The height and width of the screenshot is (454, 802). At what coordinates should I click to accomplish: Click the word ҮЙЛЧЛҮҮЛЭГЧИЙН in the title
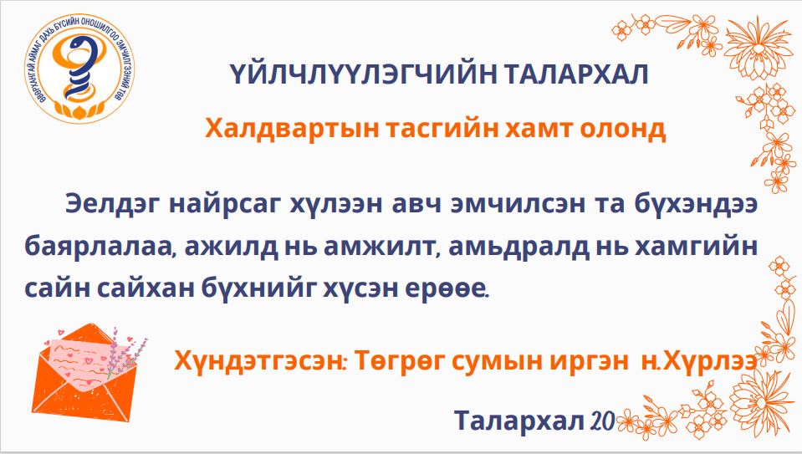pyautogui.click(x=363, y=74)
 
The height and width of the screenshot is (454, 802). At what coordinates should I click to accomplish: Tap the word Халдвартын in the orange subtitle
pyautogui.click(x=292, y=128)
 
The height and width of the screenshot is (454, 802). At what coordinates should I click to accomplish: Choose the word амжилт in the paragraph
pyautogui.click(x=382, y=247)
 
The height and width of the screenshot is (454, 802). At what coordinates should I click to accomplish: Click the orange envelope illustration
pyautogui.click(x=84, y=370)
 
